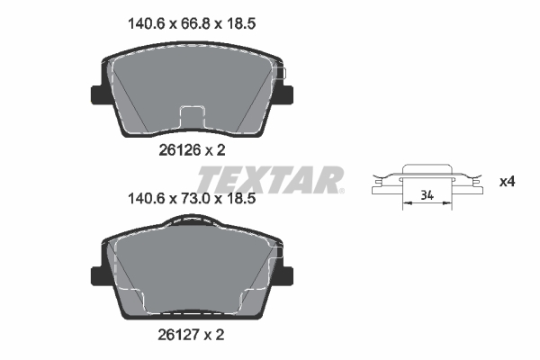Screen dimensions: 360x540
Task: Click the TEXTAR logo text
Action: tap(268, 178)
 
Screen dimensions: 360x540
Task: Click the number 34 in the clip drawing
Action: tap(426, 195)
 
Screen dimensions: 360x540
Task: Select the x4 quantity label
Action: tap(508, 182)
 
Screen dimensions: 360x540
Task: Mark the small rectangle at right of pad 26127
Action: tap(279, 256)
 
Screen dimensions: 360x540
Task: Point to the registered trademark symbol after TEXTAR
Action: tap(342, 190)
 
